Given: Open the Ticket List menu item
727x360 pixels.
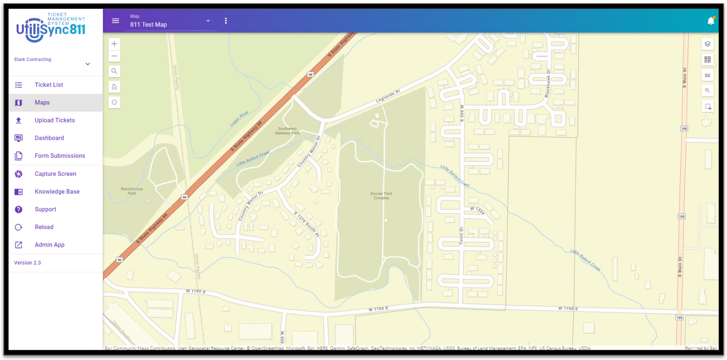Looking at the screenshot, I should click(49, 85).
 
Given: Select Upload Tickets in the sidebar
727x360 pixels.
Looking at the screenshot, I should click(55, 120).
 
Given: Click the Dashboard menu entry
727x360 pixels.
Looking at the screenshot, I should click(49, 138).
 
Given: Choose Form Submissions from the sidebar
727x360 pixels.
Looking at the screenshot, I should click(60, 156).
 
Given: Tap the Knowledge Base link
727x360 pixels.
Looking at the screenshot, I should click(57, 192).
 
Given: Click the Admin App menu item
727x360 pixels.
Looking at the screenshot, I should click(49, 245).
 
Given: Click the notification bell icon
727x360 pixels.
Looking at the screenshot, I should click(711, 21).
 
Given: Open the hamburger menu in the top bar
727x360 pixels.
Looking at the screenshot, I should click(116, 21).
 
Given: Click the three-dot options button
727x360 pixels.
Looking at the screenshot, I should click(226, 21).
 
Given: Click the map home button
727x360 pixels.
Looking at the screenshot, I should click(114, 87).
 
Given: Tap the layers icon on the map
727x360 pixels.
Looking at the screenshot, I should click(707, 44).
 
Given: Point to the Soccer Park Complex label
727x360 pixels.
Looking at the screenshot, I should click(381, 196).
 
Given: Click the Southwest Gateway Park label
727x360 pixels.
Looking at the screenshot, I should click(287, 131).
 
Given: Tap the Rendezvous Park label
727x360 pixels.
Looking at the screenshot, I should click(132, 191).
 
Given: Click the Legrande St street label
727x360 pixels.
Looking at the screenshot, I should click(388, 96).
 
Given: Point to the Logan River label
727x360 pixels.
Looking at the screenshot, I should click(239, 118).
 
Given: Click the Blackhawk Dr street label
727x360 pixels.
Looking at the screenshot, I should click(548, 83).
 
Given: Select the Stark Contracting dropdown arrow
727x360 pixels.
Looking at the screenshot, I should click(88, 64).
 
